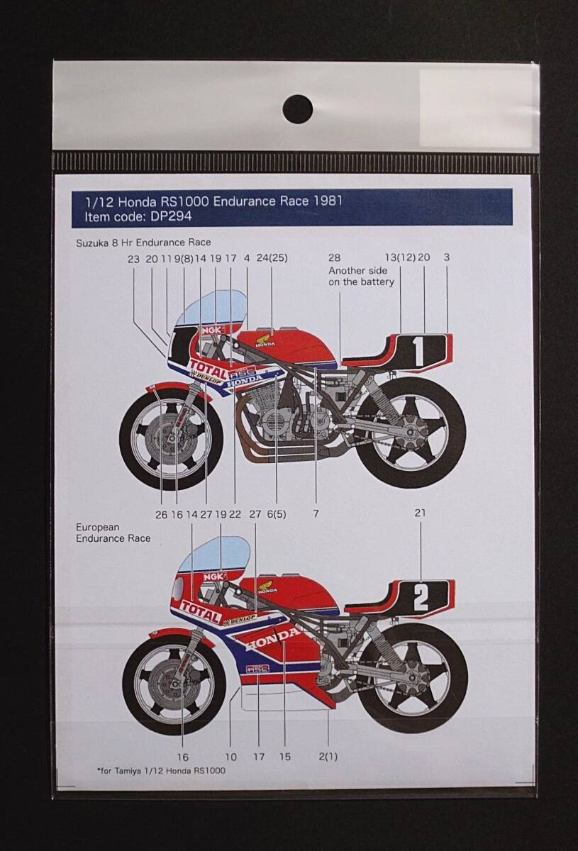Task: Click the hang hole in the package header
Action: pyautogui.click(x=297, y=109)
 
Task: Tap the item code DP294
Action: pyautogui.click(x=162, y=216)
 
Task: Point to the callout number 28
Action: pyautogui.click(x=335, y=259)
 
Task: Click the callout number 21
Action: pyautogui.click(x=421, y=513)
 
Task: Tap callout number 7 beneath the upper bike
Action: pyautogui.click(x=316, y=514)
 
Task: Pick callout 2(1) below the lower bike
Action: pyautogui.click(x=328, y=757)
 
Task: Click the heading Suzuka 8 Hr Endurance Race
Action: pyautogui.click(x=143, y=243)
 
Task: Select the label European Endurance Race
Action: pyautogui.click(x=113, y=533)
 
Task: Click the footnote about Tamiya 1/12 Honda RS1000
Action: pyautogui.click(x=161, y=770)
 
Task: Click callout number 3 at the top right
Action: pyautogui.click(x=446, y=259)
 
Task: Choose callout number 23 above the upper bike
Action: pyautogui.click(x=134, y=259)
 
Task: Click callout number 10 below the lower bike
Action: pyautogui.click(x=230, y=757)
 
